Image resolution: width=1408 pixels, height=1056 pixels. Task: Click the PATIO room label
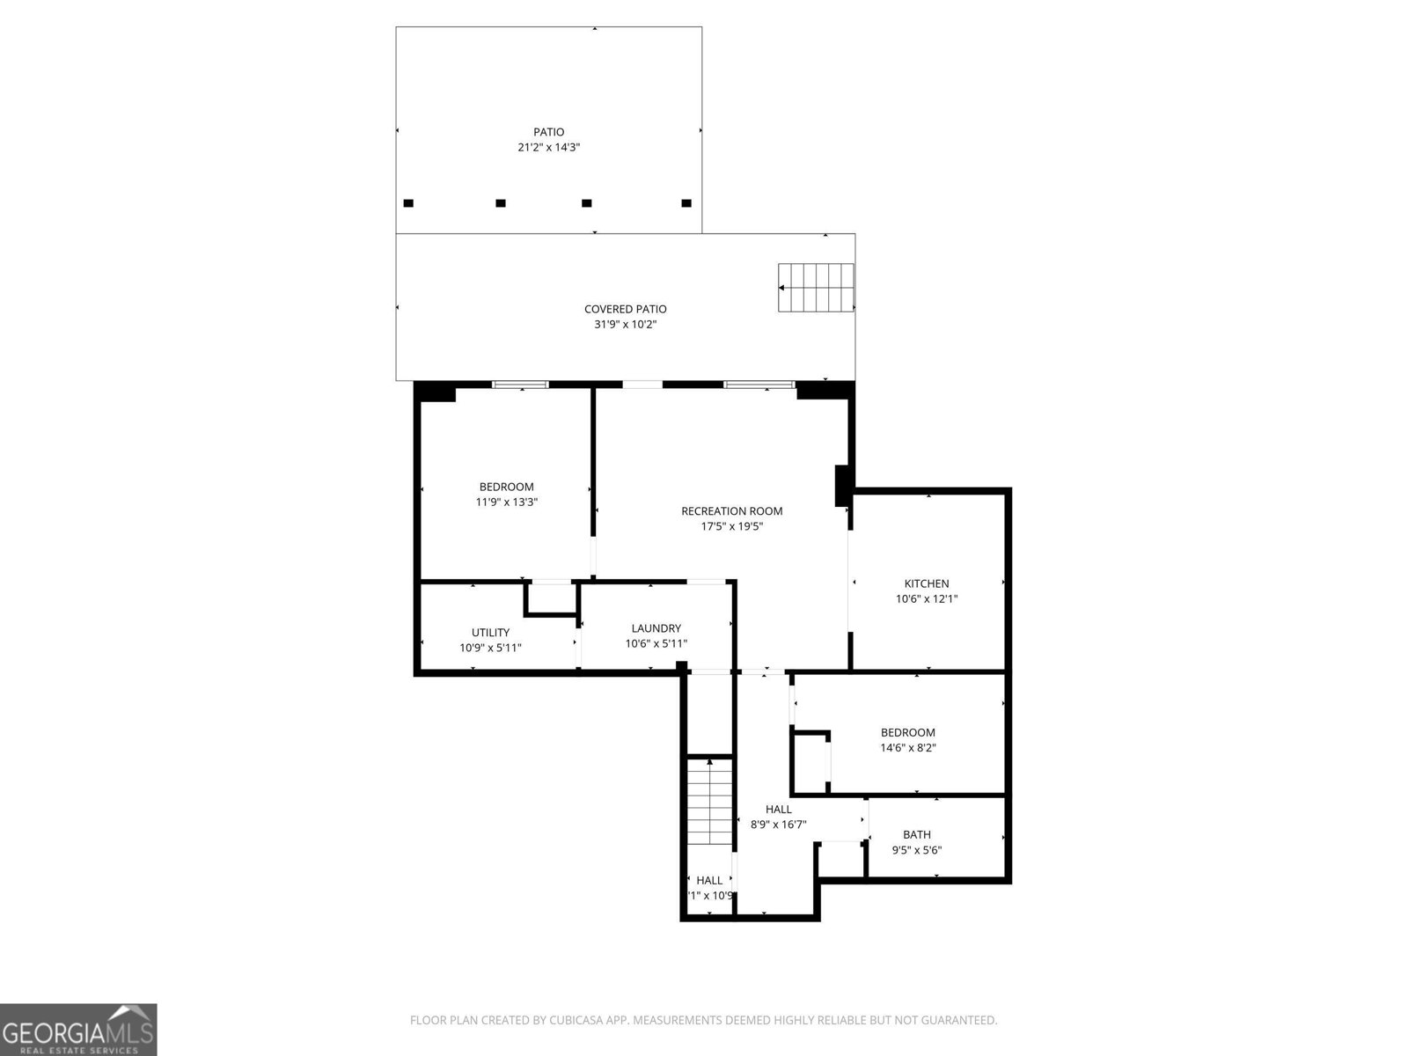point(548,132)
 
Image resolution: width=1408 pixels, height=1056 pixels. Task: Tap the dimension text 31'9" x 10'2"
point(625,325)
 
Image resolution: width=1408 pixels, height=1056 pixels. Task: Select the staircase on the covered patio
point(817,288)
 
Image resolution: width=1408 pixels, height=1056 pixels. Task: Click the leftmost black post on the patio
point(408,203)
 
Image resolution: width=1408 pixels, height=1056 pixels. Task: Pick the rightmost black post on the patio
point(686,203)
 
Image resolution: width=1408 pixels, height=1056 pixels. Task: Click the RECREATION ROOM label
point(731,511)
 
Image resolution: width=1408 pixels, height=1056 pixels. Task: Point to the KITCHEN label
point(927,583)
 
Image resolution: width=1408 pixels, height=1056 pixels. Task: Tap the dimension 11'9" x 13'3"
point(506,502)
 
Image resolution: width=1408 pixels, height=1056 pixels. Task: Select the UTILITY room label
point(490,633)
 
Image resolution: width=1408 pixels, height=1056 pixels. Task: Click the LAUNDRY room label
point(656,628)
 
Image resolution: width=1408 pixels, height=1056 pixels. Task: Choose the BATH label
point(916,835)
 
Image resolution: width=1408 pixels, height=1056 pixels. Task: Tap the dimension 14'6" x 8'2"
point(907,748)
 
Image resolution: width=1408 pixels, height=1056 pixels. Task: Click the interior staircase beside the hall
point(710,802)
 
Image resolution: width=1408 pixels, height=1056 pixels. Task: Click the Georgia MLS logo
point(78,1029)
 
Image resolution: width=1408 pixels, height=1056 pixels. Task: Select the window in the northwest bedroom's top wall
point(520,385)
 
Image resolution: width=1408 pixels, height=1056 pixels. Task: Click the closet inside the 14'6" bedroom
point(810,762)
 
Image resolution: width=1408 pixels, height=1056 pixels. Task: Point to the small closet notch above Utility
point(551,598)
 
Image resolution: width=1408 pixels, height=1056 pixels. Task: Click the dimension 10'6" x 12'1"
point(927,599)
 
